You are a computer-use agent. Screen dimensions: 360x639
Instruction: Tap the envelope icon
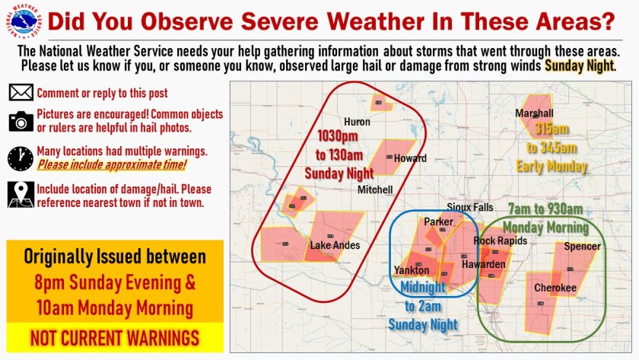(21, 94)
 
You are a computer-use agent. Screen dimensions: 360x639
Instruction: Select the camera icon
(21, 121)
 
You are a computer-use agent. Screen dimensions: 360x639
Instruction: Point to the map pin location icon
(21, 195)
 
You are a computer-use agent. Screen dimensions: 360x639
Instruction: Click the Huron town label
(357, 122)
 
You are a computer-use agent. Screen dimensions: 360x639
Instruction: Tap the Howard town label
(410, 158)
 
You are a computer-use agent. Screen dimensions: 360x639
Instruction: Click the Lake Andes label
(335, 245)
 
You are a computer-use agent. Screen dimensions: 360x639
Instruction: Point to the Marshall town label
(534, 113)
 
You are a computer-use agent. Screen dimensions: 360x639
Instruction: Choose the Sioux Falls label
(470, 207)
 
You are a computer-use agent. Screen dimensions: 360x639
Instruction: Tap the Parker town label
(438, 222)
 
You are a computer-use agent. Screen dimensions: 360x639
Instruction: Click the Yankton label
(412, 270)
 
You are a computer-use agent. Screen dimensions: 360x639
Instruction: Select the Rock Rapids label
(500, 241)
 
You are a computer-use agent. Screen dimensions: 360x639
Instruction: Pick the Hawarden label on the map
(484, 264)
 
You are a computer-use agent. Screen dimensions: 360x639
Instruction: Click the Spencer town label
(582, 247)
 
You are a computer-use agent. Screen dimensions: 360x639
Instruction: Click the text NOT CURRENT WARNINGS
(115, 337)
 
